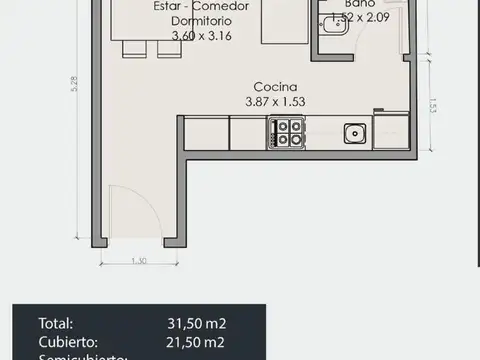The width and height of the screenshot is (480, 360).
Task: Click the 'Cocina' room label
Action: (273, 86)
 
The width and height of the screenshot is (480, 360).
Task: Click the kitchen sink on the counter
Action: (353, 133)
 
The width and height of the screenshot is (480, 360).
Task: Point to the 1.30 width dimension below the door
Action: (138, 262)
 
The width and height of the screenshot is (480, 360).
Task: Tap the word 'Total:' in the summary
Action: (55, 323)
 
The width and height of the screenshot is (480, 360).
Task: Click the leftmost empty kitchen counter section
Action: (206, 133)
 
